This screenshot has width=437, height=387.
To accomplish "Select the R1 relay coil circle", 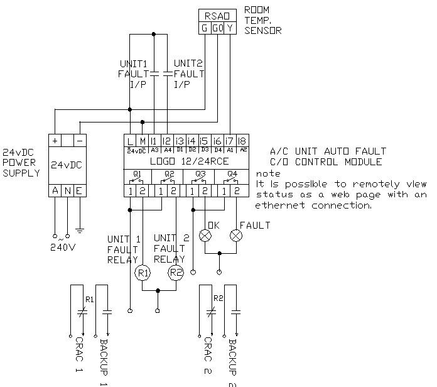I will tap(142, 273).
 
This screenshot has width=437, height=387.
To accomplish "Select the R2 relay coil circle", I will tap(175, 273).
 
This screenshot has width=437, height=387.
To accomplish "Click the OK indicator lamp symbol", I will tap(205, 236).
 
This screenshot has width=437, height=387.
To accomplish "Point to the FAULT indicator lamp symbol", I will tap(236, 236).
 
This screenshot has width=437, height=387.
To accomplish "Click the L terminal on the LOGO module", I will tap(129, 141).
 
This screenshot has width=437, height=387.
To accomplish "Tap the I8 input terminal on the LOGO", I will tap(242, 141).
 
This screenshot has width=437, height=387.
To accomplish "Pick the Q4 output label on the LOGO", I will tap(232, 173).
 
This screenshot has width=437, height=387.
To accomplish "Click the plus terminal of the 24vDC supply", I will tap(55, 141).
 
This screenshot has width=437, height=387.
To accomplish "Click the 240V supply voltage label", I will tap(63, 247).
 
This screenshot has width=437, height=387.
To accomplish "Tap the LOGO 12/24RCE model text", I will tap(186, 161).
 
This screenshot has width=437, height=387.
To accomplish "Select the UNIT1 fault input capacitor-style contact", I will tap(154, 74).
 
